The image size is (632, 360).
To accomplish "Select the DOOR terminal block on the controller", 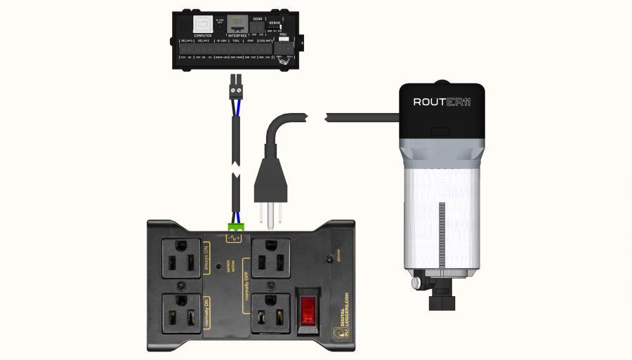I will pos(257,29).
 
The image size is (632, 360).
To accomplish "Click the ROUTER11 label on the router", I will pos(442,102).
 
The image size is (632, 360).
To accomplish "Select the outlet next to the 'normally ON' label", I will pos(182,316).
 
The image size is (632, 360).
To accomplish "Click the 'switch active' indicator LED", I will pos(219,267).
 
